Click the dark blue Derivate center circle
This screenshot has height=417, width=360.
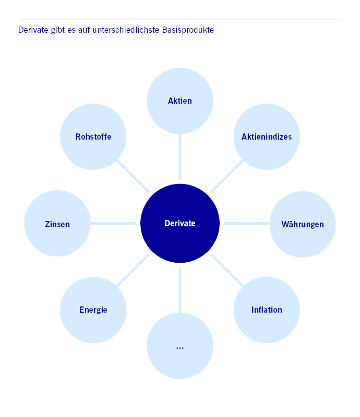click(180, 223)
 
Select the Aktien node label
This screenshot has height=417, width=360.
click(180, 101)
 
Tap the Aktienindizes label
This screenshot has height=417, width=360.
click(267, 137)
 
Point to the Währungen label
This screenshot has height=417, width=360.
click(303, 224)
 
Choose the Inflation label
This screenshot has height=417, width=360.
click(267, 310)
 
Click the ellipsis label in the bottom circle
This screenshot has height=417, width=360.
click(180, 346)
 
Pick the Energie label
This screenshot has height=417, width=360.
click(93, 310)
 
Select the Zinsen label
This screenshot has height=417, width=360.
click(57, 224)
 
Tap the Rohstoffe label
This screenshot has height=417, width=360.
click(93, 137)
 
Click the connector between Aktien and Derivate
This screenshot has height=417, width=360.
click(180, 156)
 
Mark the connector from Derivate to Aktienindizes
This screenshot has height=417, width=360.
click(227, 176)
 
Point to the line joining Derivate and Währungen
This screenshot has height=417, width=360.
click(246, 223)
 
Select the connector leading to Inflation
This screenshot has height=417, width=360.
click(227, 271)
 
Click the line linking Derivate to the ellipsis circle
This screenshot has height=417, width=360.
click(180, 290)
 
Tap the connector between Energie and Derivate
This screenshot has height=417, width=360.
click(133, 271)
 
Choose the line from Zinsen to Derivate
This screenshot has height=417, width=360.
click(113, 223)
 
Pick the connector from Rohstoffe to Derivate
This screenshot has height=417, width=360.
click(133, 176)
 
